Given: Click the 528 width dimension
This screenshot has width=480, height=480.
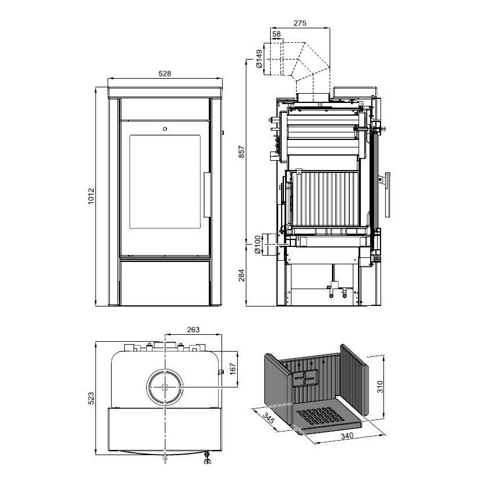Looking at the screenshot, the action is point(165,74).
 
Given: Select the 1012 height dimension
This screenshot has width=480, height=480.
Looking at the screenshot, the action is point(91,197).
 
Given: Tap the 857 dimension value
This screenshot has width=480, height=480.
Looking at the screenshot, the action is point(242,152).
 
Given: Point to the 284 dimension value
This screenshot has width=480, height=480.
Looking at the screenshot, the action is point(242,275).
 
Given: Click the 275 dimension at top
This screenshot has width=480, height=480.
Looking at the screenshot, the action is point(300,23).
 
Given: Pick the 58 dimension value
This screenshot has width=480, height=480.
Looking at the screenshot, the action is point(276,34).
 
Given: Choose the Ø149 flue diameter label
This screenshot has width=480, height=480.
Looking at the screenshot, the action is point(259,59).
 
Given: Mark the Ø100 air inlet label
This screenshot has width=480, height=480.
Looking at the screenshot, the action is point(257,245).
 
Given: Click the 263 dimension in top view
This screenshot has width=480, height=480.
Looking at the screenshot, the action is point(193,330).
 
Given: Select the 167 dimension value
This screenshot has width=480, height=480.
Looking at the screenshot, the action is point(232,369).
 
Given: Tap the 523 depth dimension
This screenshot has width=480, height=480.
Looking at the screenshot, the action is point(91,398).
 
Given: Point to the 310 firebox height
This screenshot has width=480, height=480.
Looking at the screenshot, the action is point(379,387).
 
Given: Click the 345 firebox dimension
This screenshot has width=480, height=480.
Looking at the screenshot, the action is point(268,418).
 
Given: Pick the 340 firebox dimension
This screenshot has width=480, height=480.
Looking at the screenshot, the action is point(347,435).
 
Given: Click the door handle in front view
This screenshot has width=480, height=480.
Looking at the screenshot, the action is point(207,195).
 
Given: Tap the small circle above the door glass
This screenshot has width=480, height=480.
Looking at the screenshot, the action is point(165,129).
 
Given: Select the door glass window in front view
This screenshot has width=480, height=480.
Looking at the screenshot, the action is point(165,182).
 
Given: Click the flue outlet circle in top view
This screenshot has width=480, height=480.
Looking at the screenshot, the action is point(165,387).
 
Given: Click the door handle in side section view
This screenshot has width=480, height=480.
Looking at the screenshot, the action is point(387,195).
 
